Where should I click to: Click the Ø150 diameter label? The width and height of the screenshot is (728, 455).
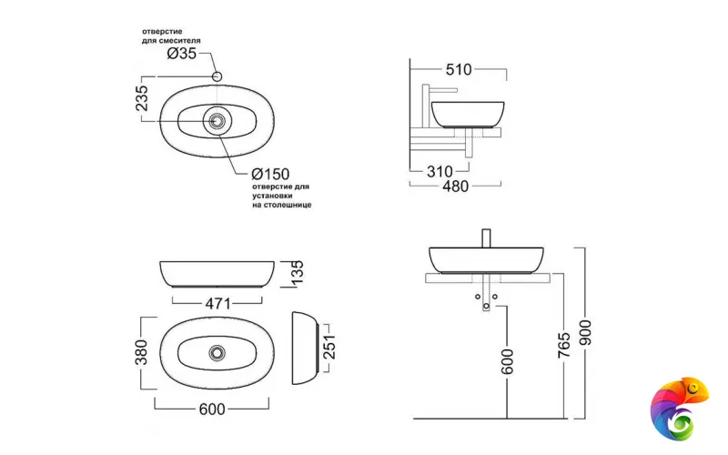tap(270, 173)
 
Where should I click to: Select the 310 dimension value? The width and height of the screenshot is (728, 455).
tap(440, 169)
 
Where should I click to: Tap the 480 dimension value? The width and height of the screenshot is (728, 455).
tap(455, 187)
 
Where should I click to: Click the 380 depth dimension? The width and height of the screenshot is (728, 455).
tap(142, 351)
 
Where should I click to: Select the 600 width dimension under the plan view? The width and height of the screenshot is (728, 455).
tap(212, 409)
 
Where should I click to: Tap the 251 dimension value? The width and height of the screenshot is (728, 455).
tap(329, 348)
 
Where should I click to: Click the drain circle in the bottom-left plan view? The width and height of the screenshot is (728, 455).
tap(217, 351)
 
